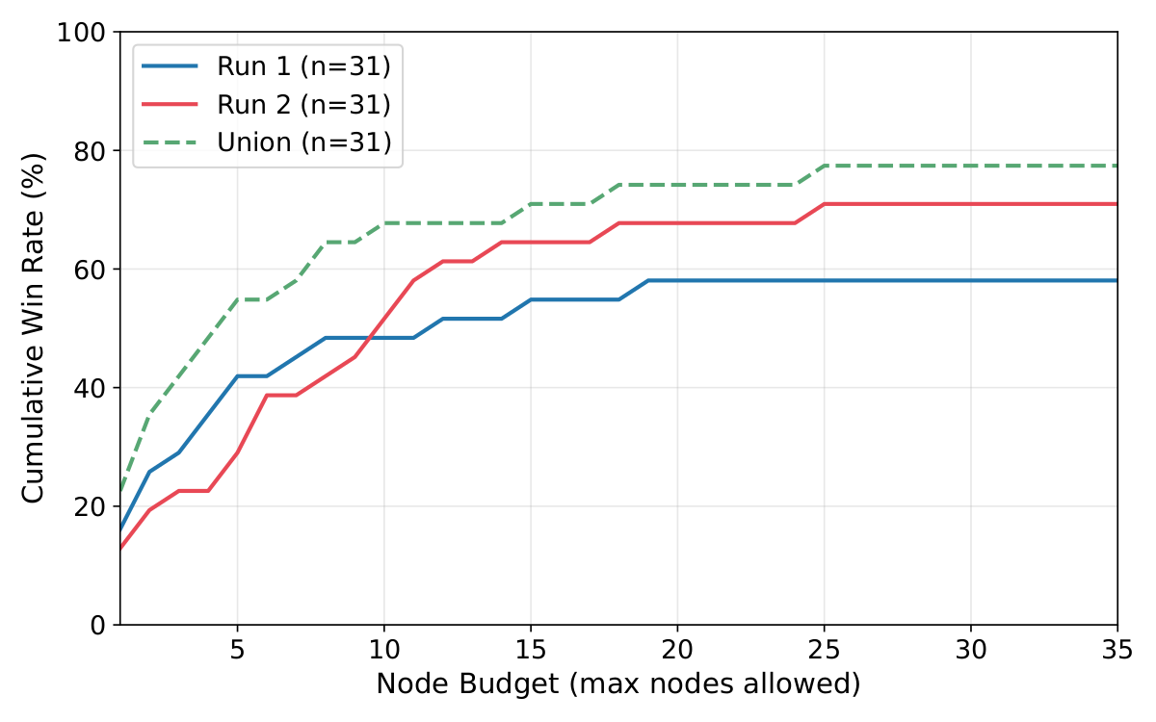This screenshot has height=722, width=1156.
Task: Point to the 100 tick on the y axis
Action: point(88,33)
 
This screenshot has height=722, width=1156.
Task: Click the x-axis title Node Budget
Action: point(617,684)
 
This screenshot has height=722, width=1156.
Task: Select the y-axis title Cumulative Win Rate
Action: point(34,328)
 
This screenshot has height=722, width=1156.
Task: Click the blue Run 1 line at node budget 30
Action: point(971,280)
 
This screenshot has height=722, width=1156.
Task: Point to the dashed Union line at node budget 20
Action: point(677,184)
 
